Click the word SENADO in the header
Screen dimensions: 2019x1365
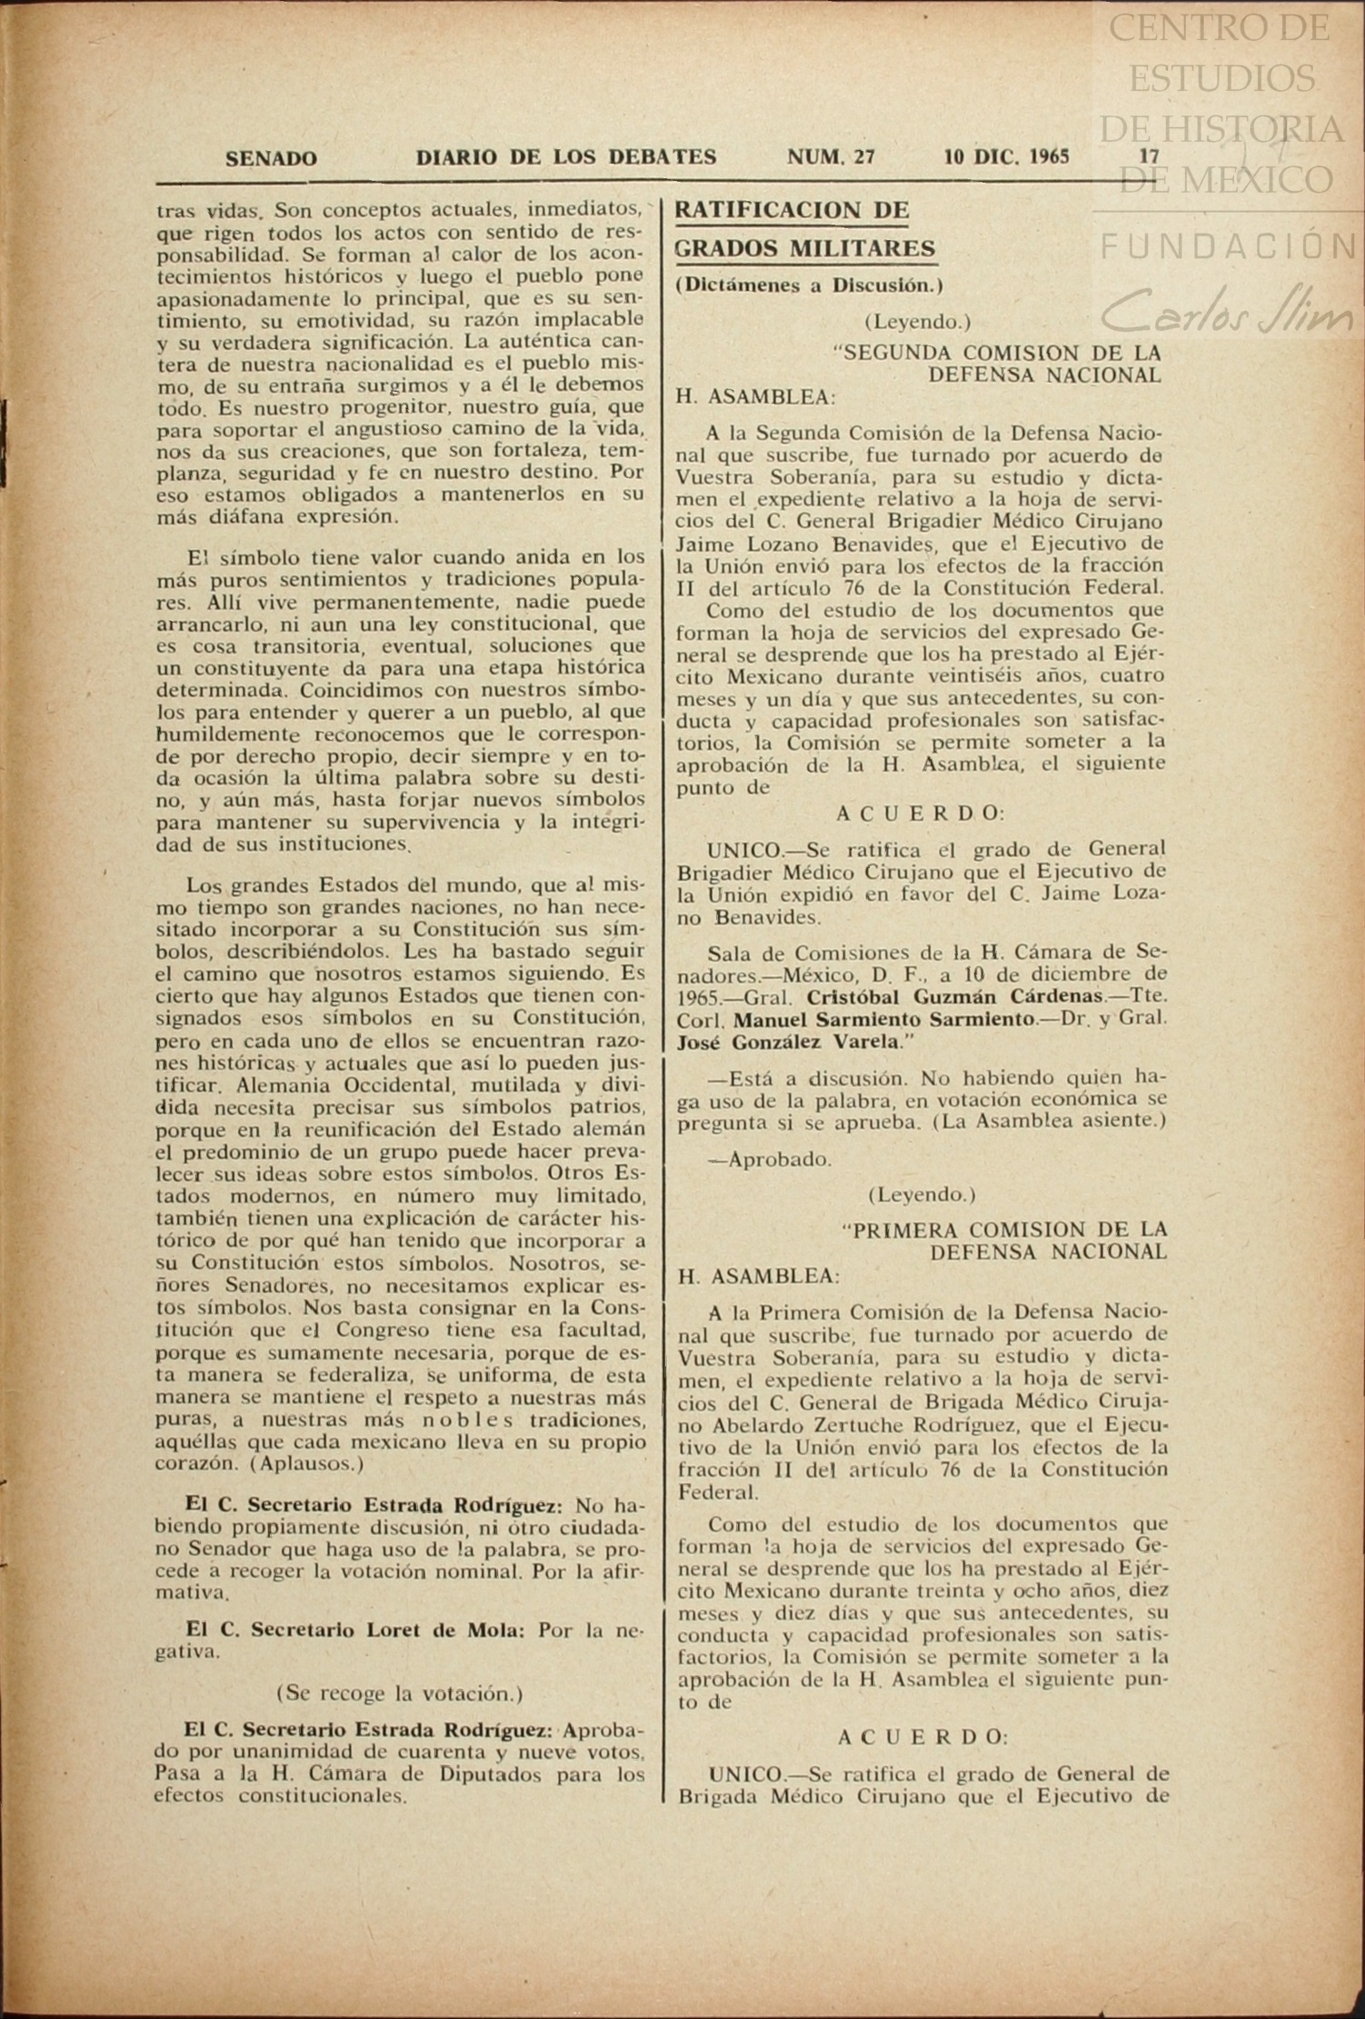(271, 159)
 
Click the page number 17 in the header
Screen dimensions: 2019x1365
(1150, 156)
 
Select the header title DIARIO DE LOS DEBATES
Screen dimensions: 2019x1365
(566, 157)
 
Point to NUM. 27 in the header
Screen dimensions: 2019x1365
(831, 156)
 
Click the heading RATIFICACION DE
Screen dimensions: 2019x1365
(792, 210)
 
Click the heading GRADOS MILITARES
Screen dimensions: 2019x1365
(805, 248)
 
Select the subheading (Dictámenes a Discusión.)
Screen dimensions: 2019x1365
(809, 285)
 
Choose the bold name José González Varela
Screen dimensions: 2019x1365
(785, 1042)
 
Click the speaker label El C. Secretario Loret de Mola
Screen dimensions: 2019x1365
(354, 1630)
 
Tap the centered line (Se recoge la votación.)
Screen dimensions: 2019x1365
(399, 1693)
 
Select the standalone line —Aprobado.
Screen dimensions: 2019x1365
(769, 1160)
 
